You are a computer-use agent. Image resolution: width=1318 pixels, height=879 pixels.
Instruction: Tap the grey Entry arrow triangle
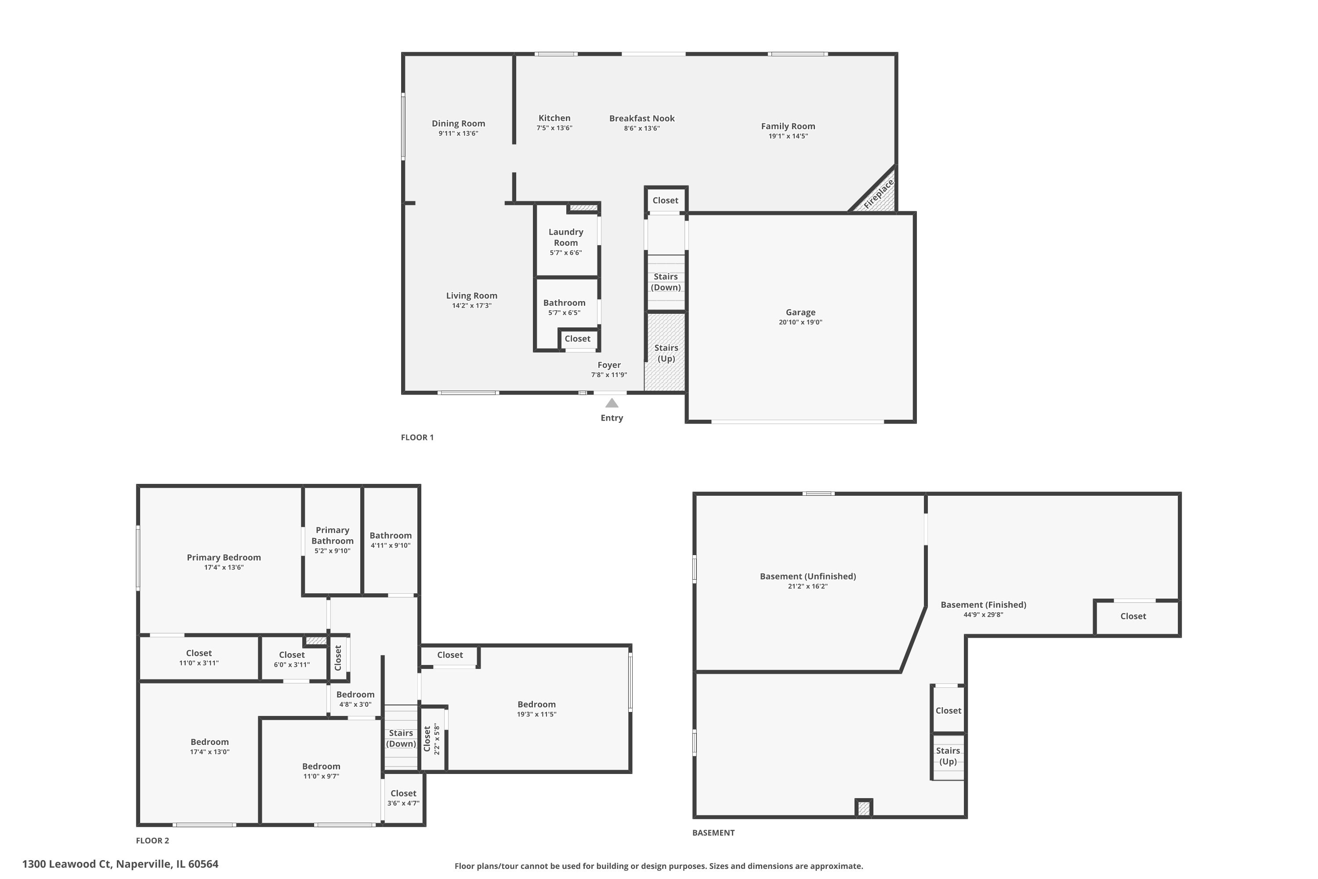point(612,403)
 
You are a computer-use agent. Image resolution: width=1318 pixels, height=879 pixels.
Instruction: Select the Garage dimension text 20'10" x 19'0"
point(800,322)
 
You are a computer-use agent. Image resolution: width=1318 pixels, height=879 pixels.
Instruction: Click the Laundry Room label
point(565,237)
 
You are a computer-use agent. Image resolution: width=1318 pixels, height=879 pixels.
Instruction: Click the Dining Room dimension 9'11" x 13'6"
point(458,134)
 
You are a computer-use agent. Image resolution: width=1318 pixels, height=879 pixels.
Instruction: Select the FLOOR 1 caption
point(417,437)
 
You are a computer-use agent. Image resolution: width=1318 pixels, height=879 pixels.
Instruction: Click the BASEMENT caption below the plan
point(713,832)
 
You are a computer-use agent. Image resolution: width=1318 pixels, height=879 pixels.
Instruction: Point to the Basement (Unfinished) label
point(807,576)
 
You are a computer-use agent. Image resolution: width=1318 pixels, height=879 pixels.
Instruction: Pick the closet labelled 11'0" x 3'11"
point(199,657)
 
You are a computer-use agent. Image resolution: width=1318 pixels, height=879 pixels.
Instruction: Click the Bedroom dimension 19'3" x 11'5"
point(536,714)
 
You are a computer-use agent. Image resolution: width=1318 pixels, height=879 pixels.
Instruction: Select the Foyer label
point(608,365)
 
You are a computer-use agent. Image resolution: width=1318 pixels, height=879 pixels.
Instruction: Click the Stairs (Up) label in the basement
point(948,756)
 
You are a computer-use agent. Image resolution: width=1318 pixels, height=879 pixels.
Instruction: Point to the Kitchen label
point(554,118)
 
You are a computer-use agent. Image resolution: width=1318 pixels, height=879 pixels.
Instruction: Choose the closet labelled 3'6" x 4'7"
point(403,798)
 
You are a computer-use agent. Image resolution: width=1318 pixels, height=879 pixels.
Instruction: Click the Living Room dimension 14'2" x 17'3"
point(471,305)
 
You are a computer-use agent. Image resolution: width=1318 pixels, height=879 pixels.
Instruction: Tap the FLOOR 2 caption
point(152,840)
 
